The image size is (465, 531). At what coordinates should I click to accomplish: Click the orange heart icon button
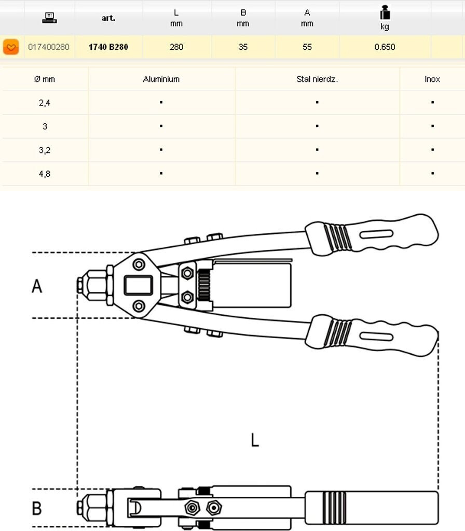(x=11, y=47)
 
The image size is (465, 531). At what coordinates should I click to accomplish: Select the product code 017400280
(x=49, y=47)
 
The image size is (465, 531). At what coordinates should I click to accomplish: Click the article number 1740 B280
(x=108, y=47)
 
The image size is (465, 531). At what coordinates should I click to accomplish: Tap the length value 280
(x=176, y=47)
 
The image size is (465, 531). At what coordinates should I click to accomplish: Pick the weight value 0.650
(x=385, y=47)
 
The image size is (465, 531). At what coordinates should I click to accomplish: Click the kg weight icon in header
(x=385, y=12)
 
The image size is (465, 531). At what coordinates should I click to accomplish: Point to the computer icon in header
(x=49, y=18)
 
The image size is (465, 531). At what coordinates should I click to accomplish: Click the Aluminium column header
(x=161, y=79)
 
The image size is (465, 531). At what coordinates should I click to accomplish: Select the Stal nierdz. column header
(x=317, y=79)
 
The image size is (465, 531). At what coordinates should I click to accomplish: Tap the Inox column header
(x=432, y=79)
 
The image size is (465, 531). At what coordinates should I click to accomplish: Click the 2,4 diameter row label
(x=45, y=103)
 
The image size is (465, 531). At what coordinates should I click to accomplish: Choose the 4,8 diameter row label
(x=45, y=174)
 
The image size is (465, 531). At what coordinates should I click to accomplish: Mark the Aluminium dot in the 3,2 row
(x=161, y=150)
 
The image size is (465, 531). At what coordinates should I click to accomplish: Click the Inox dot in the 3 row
(x=432, y=126)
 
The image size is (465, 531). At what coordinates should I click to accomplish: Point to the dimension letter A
(x=37, y=286)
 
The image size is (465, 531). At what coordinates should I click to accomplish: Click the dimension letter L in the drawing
(x=255, y=440)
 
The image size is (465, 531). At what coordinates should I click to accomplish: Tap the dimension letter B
(x=37, y=508)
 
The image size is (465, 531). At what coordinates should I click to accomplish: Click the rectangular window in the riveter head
(x=138, y=286)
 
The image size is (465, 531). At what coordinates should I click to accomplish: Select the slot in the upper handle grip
(x=376, y=234)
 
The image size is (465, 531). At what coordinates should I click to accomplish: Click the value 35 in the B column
(x=243, y=47)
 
